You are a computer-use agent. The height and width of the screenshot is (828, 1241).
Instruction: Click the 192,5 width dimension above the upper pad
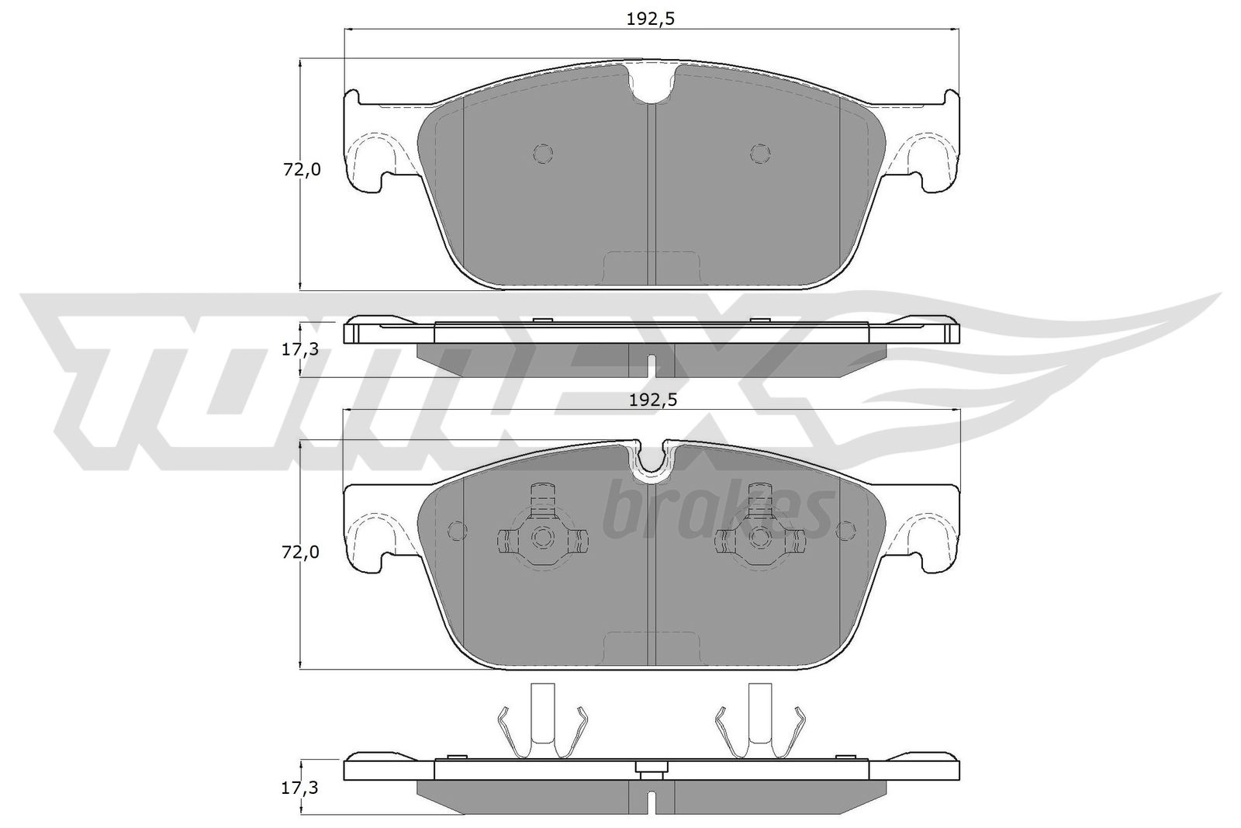click(651, 19)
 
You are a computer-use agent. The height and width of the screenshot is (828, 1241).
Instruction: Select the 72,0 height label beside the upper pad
click(302, 170)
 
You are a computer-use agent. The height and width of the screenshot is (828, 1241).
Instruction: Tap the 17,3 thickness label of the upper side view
click(301, 350)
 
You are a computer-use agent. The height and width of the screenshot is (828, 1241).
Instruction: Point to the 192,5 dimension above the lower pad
click(653, 400)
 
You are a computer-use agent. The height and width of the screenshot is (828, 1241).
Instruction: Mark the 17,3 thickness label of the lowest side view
click(299, 788)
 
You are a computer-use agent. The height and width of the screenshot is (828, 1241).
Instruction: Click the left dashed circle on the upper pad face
click(543, 153)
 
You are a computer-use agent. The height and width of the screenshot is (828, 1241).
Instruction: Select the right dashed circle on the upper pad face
click(760, 153)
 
